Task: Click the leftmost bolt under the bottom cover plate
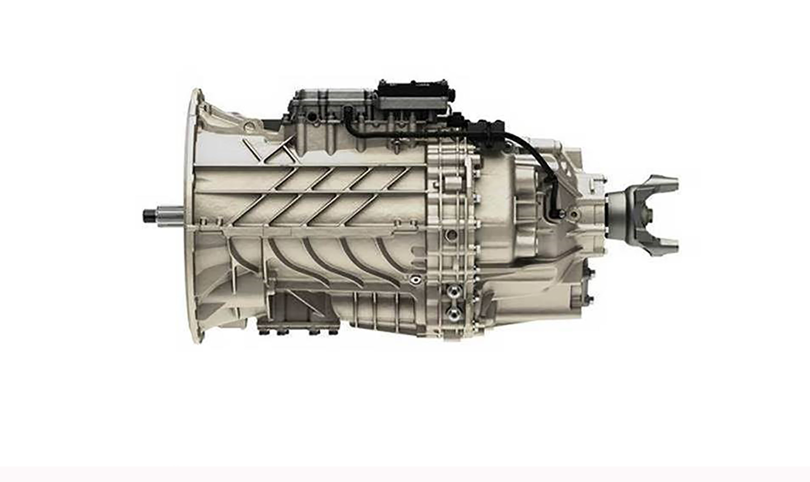(x=262, y=333)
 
